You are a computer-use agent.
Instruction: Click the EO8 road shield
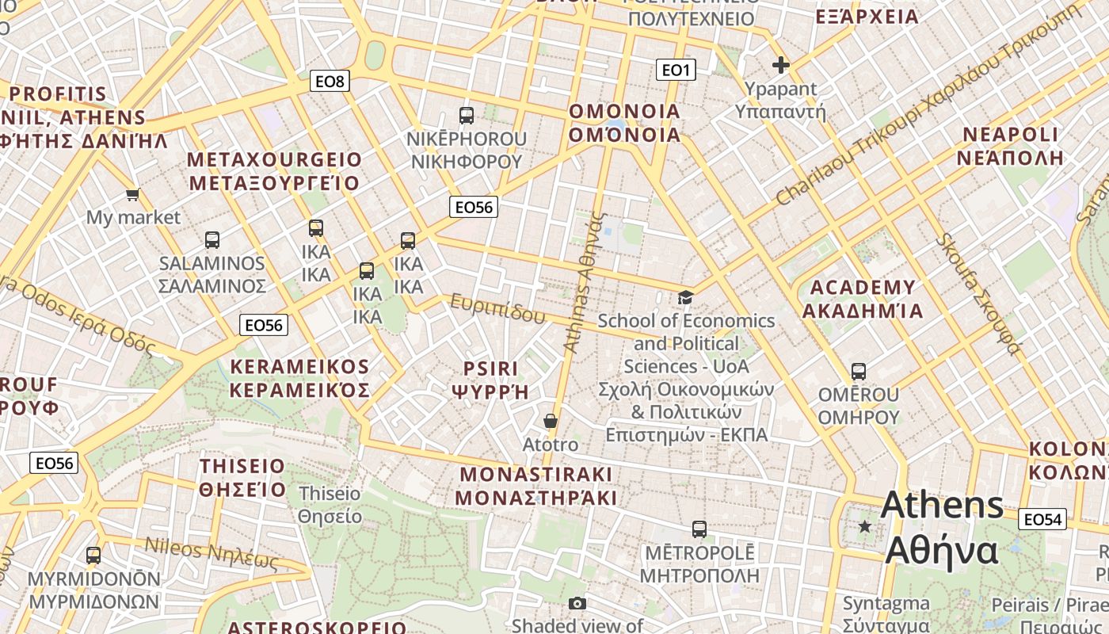[x=330, y=81]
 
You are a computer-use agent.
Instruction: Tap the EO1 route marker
[x=676, y=71]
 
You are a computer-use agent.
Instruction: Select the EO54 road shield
[x=1042, y=519]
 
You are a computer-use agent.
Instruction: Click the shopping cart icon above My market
[x=133, y=194]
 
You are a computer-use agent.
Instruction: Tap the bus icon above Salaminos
[x=212, y=239]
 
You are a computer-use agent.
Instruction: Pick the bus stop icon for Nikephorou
[x=467, y=116]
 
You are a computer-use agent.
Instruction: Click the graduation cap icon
[x=685, y=297]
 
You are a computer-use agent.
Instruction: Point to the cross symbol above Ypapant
[x=781, y=65]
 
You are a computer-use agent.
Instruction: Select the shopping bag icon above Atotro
[x=551, y=421]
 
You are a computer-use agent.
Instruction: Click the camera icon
[x=577, y=603]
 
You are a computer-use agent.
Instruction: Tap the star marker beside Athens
[x=865, y=526]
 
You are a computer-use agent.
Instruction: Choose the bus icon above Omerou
[x=858, y=371]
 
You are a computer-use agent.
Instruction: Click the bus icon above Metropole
[x=699, y=529]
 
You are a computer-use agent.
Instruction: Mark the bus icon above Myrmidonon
[x=93, y=556]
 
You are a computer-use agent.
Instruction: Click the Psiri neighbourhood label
[x=490, y=380]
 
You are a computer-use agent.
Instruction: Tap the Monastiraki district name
[x=535, y=486]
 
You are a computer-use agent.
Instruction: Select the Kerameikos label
[x=299, y=378]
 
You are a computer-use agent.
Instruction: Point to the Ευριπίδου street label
[x=497, y=307]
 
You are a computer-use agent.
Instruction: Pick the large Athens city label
[x=941, y=527]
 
